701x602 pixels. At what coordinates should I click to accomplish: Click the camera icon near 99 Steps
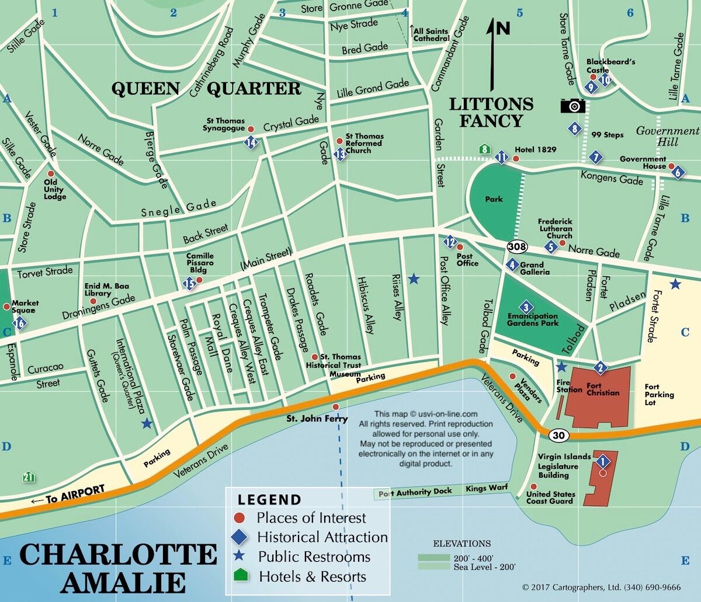[x=572, y=106]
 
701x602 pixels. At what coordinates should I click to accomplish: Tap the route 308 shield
[x=516, y=247]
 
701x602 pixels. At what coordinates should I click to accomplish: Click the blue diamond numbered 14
[x=251, y=142]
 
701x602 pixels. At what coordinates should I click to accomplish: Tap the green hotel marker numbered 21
[x=27, y=477]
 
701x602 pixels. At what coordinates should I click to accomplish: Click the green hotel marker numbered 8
[x=484, y=149]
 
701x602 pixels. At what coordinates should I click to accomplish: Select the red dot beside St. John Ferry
[x=335, y=407]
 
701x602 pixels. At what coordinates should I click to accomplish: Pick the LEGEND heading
[x=269, y=500]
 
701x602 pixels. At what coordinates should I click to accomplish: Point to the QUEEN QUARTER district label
[x=206, y=89]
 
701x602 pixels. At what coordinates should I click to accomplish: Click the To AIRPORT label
[x=68, y=493]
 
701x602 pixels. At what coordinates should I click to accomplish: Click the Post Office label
[x=467, y=260]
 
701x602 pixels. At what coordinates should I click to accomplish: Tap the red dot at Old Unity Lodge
[x=50, y=174]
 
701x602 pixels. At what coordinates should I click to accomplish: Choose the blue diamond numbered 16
[x=20, y=323]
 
